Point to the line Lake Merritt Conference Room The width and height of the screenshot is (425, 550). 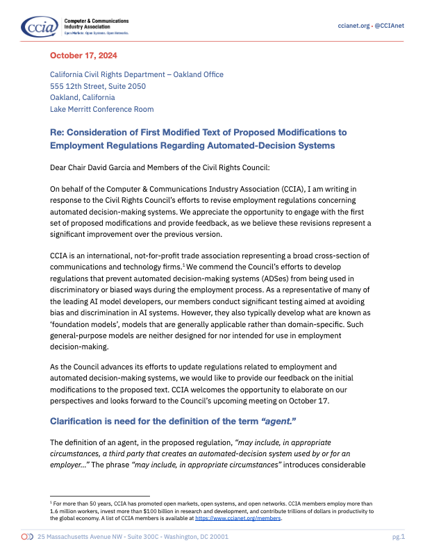point(101,109)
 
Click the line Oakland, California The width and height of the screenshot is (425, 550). point(82,97)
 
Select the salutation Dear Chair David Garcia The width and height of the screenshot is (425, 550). point(110,167)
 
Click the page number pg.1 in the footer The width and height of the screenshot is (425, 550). point(399,537)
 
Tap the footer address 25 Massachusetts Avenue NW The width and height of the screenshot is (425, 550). point(82,537)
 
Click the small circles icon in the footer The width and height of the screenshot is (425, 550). point(27,537)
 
